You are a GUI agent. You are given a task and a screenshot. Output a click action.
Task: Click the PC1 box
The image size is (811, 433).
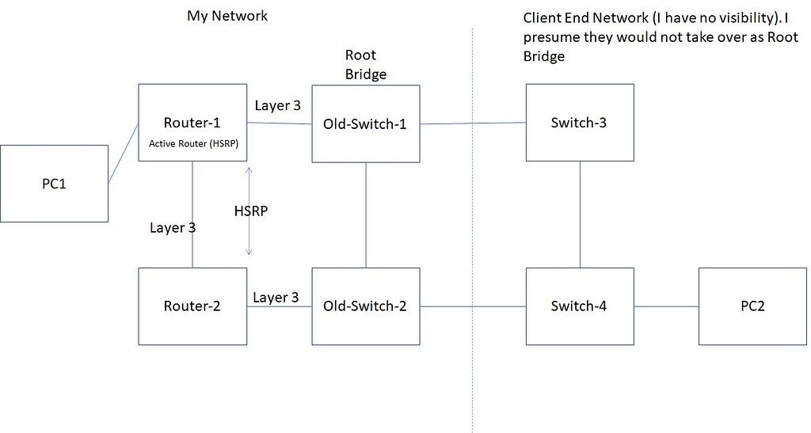pos(54,183)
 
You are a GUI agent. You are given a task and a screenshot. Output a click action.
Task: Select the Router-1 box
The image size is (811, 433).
pos(192,123)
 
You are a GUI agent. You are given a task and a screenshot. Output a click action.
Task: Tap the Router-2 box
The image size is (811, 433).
pos(192,306)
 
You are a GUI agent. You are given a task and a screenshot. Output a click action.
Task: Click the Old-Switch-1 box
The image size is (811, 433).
pos(365,123)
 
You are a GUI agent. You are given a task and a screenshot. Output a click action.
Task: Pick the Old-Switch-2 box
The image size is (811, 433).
pos(365,306)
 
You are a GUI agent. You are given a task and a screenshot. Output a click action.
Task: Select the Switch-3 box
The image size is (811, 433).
pos(580,123)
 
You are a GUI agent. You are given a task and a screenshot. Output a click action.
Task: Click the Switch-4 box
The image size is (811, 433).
pos(580,306)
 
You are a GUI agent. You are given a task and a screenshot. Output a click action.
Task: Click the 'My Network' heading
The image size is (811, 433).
pos(227,16)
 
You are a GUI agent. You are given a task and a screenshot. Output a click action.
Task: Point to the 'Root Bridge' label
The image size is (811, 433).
pos(365,64)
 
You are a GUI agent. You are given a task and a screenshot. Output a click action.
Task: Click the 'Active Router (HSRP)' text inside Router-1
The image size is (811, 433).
pos(192,143)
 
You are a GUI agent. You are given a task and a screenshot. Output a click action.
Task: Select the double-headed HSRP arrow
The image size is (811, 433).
pos(249,211)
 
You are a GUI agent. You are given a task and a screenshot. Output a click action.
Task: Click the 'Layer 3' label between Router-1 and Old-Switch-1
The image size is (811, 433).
pos(277,105)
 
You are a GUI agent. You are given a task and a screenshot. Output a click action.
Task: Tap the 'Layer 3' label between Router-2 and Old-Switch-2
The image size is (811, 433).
pos(276,298)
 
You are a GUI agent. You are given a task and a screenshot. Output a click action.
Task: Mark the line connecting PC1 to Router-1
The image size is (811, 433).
pos(123,154)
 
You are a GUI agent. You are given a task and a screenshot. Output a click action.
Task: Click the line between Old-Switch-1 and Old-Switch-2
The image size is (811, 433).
pos(365,215)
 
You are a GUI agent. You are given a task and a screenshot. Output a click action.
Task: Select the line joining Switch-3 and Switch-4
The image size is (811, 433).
pos(580,215)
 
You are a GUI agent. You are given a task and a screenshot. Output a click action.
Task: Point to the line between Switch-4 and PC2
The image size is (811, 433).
pos(665,306)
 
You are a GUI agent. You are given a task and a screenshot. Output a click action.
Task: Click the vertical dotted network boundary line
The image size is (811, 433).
pos(473,237)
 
